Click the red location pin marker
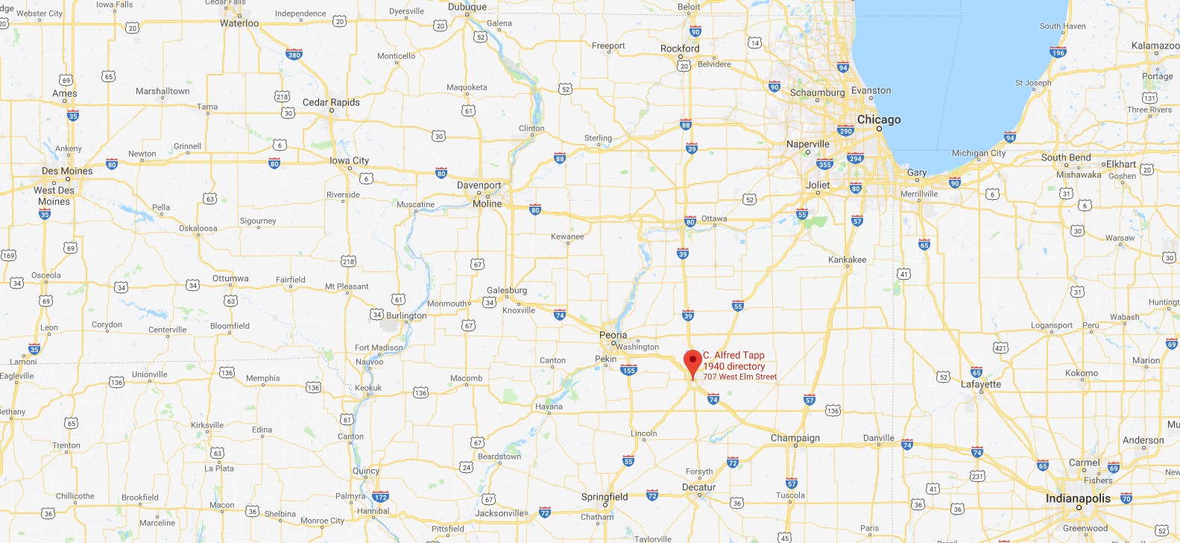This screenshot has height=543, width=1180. [692, 362]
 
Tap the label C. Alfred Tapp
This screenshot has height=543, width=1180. [733, 355]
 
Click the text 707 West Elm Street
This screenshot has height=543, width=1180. [739, 377]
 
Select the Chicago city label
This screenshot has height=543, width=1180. [879, 119]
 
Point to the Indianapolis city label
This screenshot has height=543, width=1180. [1078, 498]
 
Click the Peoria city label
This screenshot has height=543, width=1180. [613, 335]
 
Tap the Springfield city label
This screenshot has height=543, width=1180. [605, 497]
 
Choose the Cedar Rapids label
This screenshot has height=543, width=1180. [331, 102]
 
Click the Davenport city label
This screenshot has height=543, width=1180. [479, 185]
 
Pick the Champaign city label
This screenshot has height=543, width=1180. [795, 438]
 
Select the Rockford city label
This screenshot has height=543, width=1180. [680, 48]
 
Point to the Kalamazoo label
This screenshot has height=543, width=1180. [1155, 45]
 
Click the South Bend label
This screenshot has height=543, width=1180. [1066, 157]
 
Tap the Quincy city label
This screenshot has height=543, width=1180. [366, 471]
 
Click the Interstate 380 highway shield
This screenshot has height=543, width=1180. [294, 54]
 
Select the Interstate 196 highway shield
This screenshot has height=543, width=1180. [1058, 52]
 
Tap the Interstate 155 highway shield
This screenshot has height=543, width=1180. [629, 370]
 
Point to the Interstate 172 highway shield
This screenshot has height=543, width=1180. [381, 497]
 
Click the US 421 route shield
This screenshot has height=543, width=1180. [1000, 348]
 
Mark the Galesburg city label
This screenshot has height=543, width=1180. [507, 290]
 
